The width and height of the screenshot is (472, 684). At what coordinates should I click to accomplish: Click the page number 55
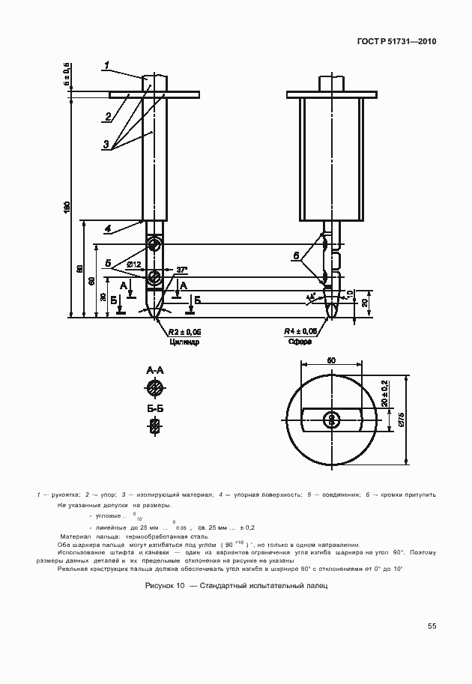[x=432, y=626]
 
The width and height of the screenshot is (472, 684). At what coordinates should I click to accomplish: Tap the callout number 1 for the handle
[x=108, y=64]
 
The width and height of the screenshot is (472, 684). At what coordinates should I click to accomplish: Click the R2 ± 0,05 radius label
[x=184, y=330]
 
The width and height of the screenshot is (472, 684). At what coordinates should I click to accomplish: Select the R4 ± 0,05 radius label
[x=300, y=330]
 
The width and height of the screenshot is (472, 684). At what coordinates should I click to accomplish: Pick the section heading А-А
[x=155, y=370]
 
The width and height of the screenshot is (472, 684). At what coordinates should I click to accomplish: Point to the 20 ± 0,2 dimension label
[x=384, y=393]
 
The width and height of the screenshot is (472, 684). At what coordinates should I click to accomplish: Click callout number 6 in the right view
[x=297, y=256]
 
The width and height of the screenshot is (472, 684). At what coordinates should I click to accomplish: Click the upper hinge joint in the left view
[x=154, y=245]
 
